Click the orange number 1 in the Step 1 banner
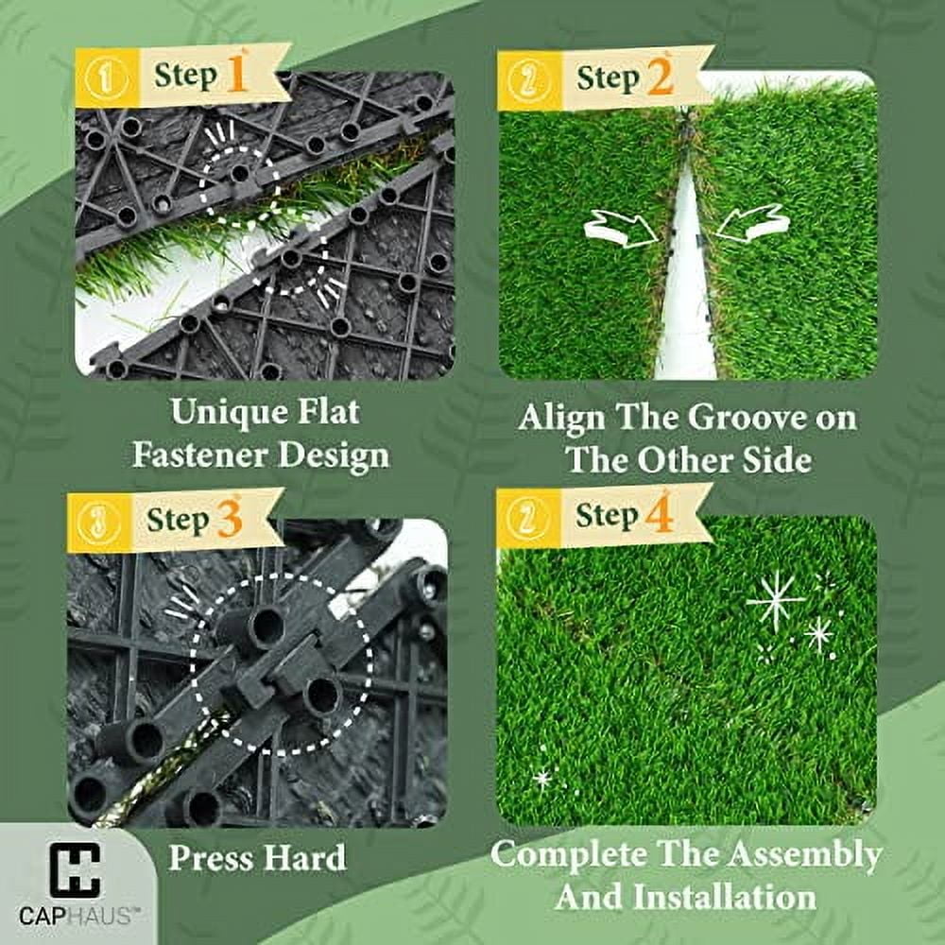[236, 74]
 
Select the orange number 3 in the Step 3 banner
[231, 519]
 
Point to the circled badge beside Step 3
[98, 524]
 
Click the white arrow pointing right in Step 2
[618, 227]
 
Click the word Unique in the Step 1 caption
[226, 412]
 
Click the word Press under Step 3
[212, 858]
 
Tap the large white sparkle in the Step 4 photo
[775, 601]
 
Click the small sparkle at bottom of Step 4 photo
[542, 778]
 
